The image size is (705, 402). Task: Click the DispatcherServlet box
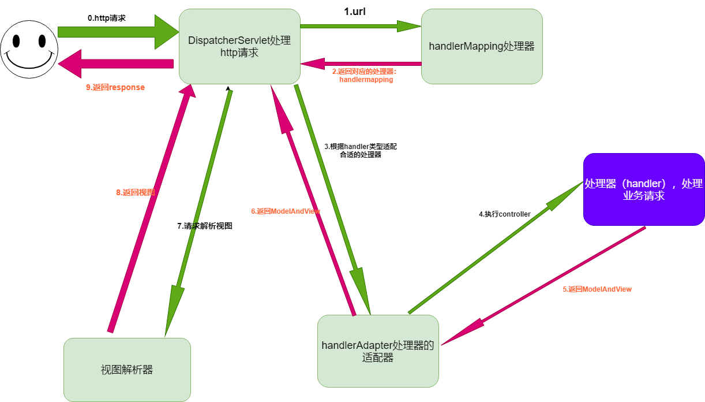pyautogui.click(x=239, y=46)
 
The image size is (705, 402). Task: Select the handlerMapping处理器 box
pyautogui.click(x=482, y=46)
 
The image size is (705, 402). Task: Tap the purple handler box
pyautogui.click(x=643, y=189)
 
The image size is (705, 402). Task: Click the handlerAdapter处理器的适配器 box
pyautogui.click(x=378, y=351)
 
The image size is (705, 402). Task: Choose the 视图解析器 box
pyautogui.click(x=127, y=370)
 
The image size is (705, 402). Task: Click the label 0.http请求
pyautogui.click(x=107, y=18)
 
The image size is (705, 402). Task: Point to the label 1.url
pyautogui.click(x=355, y=12)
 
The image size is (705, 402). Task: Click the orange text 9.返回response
pyautogui.click(x=115, y=88)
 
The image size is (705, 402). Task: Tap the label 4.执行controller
pyautogui.click(x=505, y=214)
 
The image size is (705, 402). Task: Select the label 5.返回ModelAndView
pyautogui.click(x=597, y=289)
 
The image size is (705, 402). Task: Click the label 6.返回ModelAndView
pyautogui.click(x=286, y=211)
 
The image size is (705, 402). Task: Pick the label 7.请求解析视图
pyautogui.click(x=205, y=226)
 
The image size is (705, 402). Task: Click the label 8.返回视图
pyautogui.click(x=136, y=192)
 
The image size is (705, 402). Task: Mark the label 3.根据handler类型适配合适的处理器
pyautogui.click(x=361, y=151)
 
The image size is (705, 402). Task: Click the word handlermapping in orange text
pyautogui.click(x=366, y=80)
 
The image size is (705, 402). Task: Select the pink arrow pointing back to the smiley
pyautogui.click(x=115, y=63)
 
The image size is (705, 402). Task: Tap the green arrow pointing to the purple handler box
pyautogui.click(x=496, y=248)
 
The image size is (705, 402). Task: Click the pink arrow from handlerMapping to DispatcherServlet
pyautogui.click(x=361, y=63)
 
